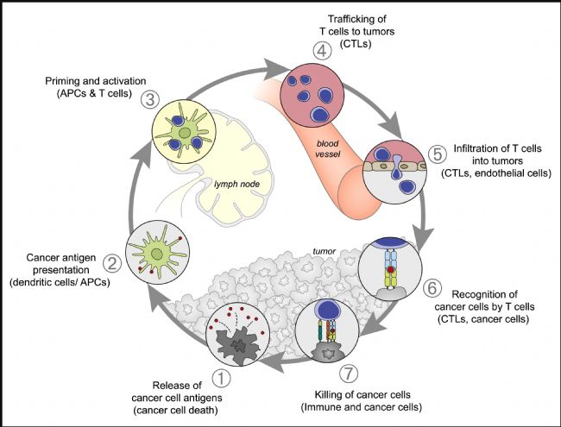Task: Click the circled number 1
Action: pyautogui.click(x=222, y=378)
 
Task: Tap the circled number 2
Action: pyautogui.click(x=112, y=263)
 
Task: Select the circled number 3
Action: pyautogui.click(x=150, y=99)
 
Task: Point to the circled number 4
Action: pyautogui.click(x=322, y=50)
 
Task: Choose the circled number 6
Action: pyautogui.click(x=432, y=287)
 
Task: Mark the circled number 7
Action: pyautogui.click(x=349, y=374)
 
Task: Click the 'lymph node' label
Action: pyautogui.click(x=236, y=185)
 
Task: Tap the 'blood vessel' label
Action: pyautogui.click(x=327, y=148)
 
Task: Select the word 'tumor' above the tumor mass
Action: pyautogui.click(x=325, y=251)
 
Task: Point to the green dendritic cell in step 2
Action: pyautogui.click(x=158, y=254)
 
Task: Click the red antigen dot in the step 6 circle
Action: pyautogui.click(x=391, y=268)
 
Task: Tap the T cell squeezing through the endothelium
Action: pyautogui.click(x=396, y=166)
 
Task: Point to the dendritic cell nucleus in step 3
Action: pyautogui.click(x=185, y=133)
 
